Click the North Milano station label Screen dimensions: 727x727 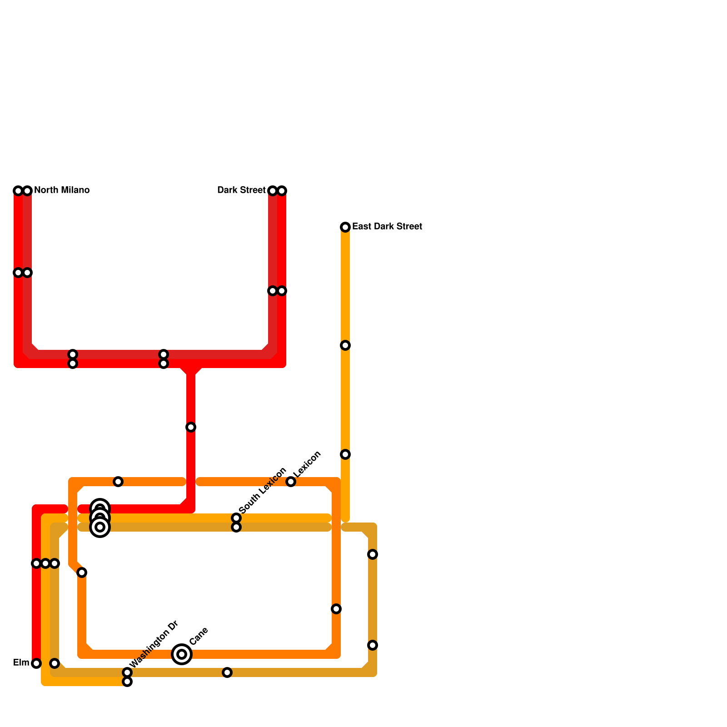tap(61, 190)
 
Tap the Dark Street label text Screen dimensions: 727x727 tap(241, 190)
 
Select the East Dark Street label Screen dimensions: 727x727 tap(387, 226)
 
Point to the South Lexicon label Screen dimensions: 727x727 tap(262, 491)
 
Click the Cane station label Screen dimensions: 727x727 tap(199, 636)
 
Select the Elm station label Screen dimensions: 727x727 tap(21, 662)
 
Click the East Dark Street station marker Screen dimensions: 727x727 tap(345, 227)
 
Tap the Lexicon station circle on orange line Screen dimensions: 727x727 tap(291, 482)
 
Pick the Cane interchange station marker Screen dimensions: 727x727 tap(182, 654)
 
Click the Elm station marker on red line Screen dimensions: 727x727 tap(36, 663)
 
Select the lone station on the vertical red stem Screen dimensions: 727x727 tap(191, 427)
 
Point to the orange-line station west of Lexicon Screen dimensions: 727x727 tap(118, 482)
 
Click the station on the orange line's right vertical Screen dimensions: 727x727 tap(336, 609)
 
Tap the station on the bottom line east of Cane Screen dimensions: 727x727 tap(227, 672)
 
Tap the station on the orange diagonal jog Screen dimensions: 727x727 tap(82, 573)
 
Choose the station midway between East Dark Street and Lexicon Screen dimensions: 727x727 tap(345, 345)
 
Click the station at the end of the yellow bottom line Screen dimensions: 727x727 tap(127, 682)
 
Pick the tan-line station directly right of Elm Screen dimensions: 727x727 tap(55, 663)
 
